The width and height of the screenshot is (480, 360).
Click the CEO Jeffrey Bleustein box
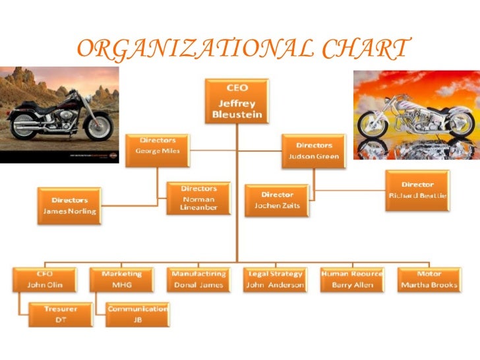[x=237, y=101]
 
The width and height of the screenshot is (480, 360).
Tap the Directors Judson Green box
[x=314, y=150]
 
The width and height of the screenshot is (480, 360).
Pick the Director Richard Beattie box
[x=417, y=190]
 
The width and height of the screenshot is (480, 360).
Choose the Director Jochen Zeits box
[x=276, y=200]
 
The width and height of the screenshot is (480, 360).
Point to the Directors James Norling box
[x=69, y=205]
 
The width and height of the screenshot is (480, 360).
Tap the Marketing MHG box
[x=121, y=280]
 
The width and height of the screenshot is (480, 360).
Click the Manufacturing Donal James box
[x=198, y=280]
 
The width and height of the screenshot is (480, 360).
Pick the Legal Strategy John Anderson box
[x=275, y=280]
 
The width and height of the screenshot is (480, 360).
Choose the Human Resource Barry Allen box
[x=352, y=280]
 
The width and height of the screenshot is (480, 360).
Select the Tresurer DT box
[x=60, y=315]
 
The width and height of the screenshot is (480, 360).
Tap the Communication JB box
[x=138, y=315]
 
